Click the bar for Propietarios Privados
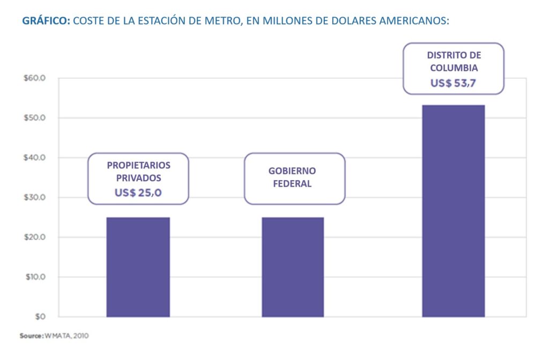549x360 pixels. [x=138, y=267]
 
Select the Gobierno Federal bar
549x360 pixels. [x=292, y=267]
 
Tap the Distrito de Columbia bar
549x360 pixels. [x=453, y=210]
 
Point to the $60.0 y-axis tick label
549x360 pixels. [x=35, y=78]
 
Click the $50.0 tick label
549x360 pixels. [x=35, y=118]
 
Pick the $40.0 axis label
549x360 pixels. [x=35, y=158]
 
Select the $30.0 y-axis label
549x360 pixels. [x=35, y=197]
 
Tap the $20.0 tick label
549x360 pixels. [x=35, y=237]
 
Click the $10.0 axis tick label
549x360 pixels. [x=35, y=277]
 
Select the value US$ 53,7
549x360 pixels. [x=454, y=83]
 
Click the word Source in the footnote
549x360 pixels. [x=31, y=336]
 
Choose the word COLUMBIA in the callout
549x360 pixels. [x=454, y=68]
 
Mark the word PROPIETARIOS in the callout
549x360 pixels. [x=138, y=165]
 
